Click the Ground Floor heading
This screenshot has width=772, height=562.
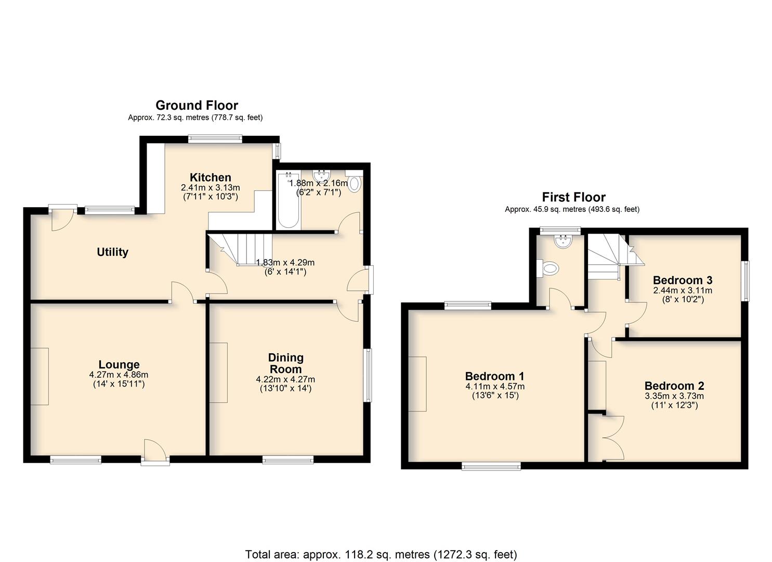[x=197, y=105]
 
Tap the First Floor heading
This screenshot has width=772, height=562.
[x=573, y=197]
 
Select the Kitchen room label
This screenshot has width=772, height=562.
[x=210, y=177]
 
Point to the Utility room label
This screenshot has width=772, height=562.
[x=112, y=252]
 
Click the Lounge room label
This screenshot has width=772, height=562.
[x=119, y=365]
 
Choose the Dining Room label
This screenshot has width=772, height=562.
[x=286, y=363]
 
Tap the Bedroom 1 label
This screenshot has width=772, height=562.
[x=494, y=376]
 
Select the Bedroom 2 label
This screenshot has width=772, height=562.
[x=674, y=386]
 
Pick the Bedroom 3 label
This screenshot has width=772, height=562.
[x=683, y=280]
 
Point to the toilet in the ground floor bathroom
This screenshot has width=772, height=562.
[x=354, y=182]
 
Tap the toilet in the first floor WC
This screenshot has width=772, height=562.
[x=547, y=268]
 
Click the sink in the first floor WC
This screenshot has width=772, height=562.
[x=564, y=241]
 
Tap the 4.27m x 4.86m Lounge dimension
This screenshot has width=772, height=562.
[x=119, y=375]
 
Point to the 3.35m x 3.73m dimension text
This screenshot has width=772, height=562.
[x=674, y=395]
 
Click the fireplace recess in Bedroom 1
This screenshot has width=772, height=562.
[x=417, y=384]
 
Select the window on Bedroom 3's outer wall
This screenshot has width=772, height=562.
[x=746, y=280]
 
